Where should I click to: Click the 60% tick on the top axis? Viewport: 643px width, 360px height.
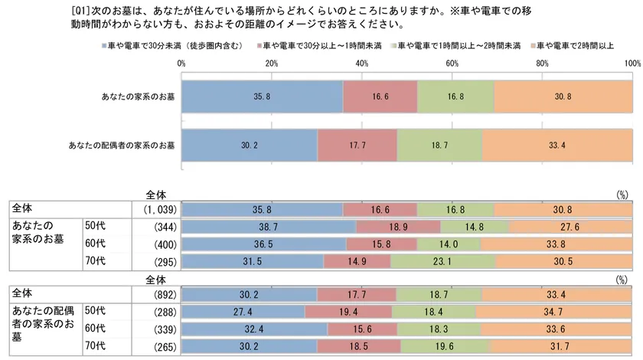452,64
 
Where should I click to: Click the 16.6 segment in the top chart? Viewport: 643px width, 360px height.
380,97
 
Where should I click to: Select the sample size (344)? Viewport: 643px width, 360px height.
165,227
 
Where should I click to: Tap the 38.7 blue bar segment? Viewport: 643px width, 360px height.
269,227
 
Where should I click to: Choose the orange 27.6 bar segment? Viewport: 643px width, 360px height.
573,227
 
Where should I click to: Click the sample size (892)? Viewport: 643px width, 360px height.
165,295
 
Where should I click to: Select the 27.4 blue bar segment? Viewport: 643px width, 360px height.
243,313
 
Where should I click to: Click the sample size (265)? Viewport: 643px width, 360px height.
165,346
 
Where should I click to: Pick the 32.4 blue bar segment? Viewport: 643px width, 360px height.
255,329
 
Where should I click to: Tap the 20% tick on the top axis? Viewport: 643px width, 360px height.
271,64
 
